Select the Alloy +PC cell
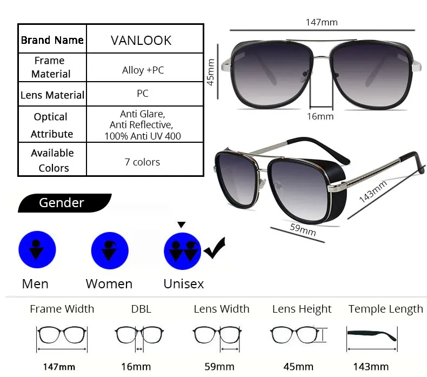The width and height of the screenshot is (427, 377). coord(145,67)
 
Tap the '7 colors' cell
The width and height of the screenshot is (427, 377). coord(145,159)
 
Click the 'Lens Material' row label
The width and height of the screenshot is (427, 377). coord(52,95)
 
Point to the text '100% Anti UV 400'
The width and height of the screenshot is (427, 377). coord(143,136)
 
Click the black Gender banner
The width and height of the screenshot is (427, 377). coord(64,203)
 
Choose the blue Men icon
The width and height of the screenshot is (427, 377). coord(37,249)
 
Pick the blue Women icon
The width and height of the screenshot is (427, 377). coord(110,250)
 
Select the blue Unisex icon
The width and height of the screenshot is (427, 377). coord(183,251)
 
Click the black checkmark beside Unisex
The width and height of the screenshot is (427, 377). coord(215,248)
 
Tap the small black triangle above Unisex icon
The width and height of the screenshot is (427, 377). coord(182,224)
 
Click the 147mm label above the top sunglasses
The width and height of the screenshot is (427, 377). coord(322,22)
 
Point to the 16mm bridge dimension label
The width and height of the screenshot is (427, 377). coord(320,117)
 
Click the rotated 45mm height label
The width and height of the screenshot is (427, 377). coord(210,72)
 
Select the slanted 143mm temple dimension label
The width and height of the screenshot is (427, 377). coord(373,191)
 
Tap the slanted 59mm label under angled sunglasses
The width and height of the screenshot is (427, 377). coord(303,230)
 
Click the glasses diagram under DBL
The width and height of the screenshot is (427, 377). coord(139,339)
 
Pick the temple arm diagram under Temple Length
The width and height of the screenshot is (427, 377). coord(372,339)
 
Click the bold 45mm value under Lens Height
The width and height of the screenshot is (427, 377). coord(298,367)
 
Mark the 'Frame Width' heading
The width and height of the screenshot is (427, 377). coord(62,309)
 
